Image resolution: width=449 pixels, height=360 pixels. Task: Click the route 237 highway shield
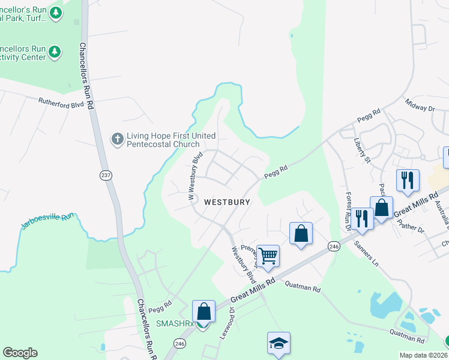106,175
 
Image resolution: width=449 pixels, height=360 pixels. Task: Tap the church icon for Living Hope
117,139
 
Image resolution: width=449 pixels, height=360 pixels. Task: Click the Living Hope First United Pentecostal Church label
163,140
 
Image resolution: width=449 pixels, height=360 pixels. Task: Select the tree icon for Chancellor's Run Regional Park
56,13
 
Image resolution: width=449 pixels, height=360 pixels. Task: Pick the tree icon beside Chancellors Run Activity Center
55,52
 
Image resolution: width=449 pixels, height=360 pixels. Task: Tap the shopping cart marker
268,256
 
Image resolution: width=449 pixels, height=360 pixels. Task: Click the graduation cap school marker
279,344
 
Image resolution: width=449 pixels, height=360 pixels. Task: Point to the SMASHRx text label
175,324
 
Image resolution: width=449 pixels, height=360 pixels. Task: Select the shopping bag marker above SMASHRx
203,311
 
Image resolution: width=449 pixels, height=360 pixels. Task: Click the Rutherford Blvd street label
61,103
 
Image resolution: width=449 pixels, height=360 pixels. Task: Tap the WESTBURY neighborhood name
227,202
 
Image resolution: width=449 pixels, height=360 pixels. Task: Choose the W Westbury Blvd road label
194,175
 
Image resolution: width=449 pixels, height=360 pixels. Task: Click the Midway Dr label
420,106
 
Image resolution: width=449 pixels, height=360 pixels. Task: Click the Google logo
20,353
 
